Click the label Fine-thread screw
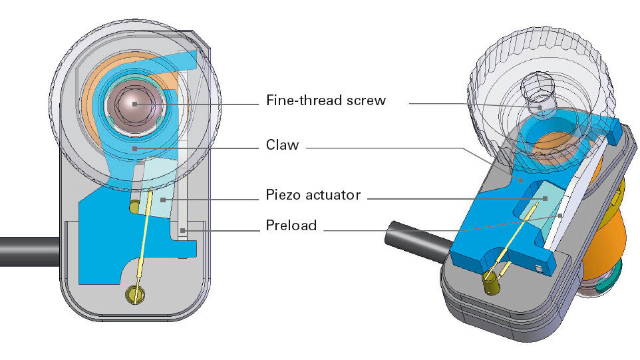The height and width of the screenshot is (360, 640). tap(325, 101)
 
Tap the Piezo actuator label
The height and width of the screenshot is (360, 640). tap(313, 195)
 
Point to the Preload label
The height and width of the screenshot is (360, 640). tap(291, 226)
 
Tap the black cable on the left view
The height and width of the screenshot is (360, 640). tap(27, 250)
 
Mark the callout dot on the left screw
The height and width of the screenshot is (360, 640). tap(135, 104)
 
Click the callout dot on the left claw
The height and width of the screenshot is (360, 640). tap(134, 148)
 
